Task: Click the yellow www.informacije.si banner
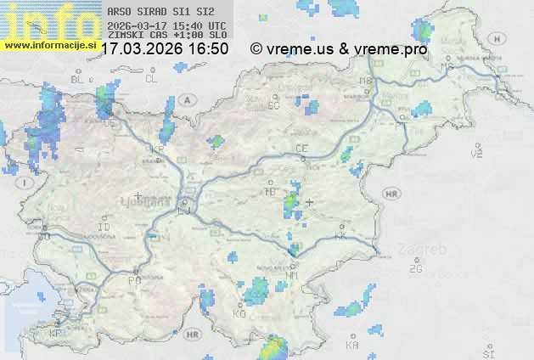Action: [x=48, y=45]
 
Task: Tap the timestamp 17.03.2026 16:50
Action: [x=164, y=49]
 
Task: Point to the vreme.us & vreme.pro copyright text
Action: [x=339, y=49]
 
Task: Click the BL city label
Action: [x=79, y=79]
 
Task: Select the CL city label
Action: [x=151, y=79]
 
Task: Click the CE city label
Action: [x=301, y=149]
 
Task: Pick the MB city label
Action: [x=366, y=81]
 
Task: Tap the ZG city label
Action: [x=415, y=269]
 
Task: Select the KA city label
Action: [x=352, y=346]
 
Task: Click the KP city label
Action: [x=55, y=334]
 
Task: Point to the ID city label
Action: [x=104, y=228]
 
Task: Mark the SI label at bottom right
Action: [x=487, y=352]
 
